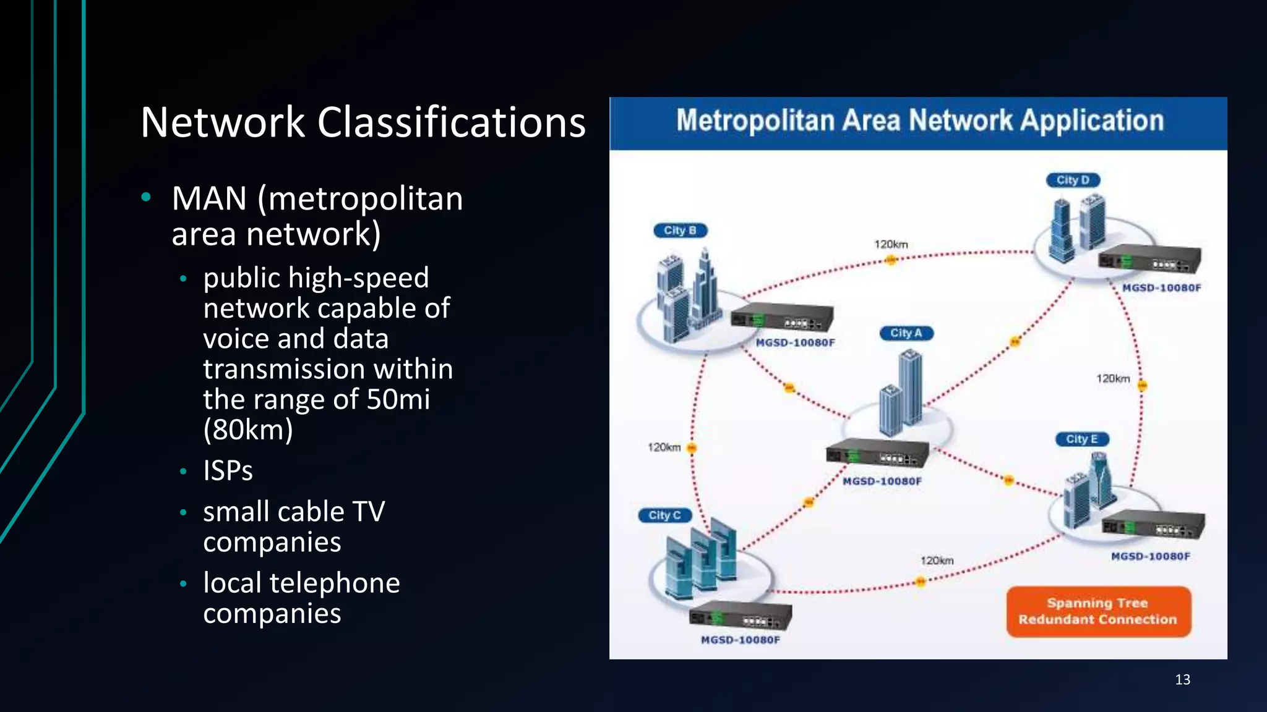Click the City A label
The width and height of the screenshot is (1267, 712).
[906, 333]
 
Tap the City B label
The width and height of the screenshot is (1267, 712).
[680, 231]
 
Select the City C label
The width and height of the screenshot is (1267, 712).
[664, 515]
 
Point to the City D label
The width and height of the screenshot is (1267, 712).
[1073, 180]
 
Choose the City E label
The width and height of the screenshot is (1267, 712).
[1081, 439]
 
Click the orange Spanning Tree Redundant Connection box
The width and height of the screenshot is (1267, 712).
[1098, 611]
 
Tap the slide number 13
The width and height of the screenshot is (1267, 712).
[1182, 680]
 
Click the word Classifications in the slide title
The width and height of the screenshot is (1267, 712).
[451, 122]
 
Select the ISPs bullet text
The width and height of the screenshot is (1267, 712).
[228, 471]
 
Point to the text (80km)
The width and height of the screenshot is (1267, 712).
[248, 430]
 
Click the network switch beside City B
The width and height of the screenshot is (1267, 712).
[782, 319]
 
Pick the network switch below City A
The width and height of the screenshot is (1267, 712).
[877, 454]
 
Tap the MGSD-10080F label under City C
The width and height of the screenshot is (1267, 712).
[740, 640]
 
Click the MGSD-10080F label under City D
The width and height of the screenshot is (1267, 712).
[1162, 287]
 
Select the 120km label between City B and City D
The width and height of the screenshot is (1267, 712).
[891, 245]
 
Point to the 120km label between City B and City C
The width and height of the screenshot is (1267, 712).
[664, 447]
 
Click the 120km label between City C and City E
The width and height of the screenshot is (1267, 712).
[937, 561]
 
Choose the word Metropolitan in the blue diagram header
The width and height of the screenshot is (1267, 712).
[755, 121]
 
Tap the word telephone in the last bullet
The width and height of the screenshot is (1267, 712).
[335, 583]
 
